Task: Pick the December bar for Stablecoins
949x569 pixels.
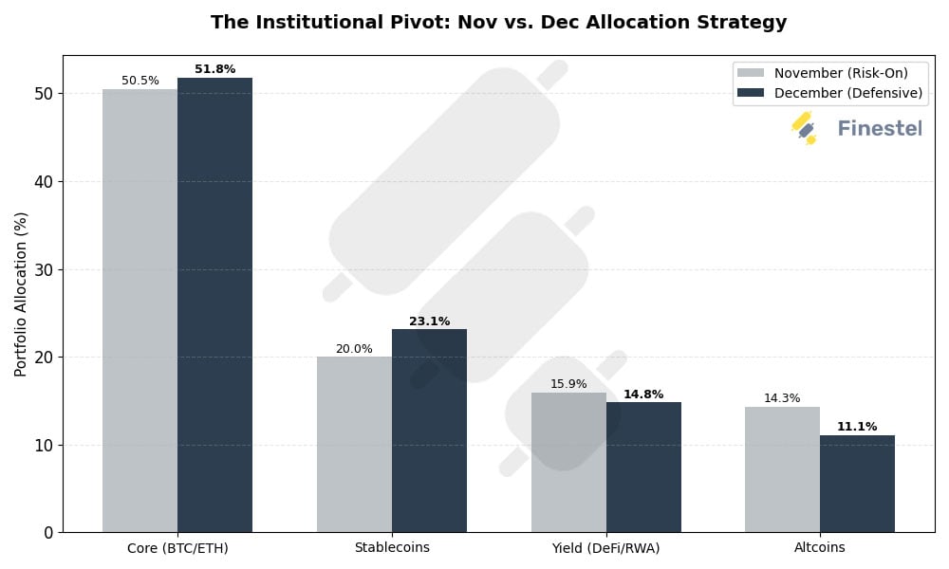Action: click(429, 431)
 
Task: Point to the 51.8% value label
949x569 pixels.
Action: click(214, 69)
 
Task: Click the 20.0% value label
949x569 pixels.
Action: click(354, 349)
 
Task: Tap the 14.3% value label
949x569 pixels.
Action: click(782, 398)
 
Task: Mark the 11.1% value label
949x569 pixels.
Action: click(857, 427)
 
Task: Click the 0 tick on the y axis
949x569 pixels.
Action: click(47, 533)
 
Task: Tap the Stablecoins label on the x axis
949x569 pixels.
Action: click(392, 548)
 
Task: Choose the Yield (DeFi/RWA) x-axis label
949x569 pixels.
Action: click(605, 548)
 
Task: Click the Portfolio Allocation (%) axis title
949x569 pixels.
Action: click(21, 294)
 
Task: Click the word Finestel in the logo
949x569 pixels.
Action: click(880, 128)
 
